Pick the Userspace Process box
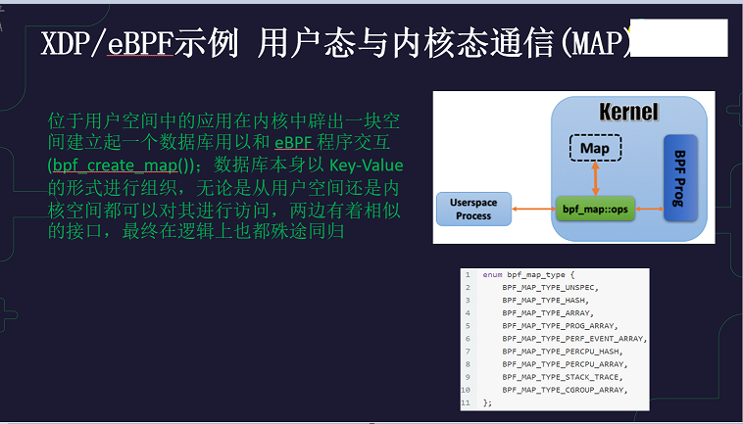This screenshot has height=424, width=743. (472, 209)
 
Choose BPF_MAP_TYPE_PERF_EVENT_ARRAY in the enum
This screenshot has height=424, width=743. (573, 338)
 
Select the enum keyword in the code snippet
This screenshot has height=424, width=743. (492, 274)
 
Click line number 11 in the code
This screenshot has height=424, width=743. (466, 401)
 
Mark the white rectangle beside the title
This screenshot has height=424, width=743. (678, 38)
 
